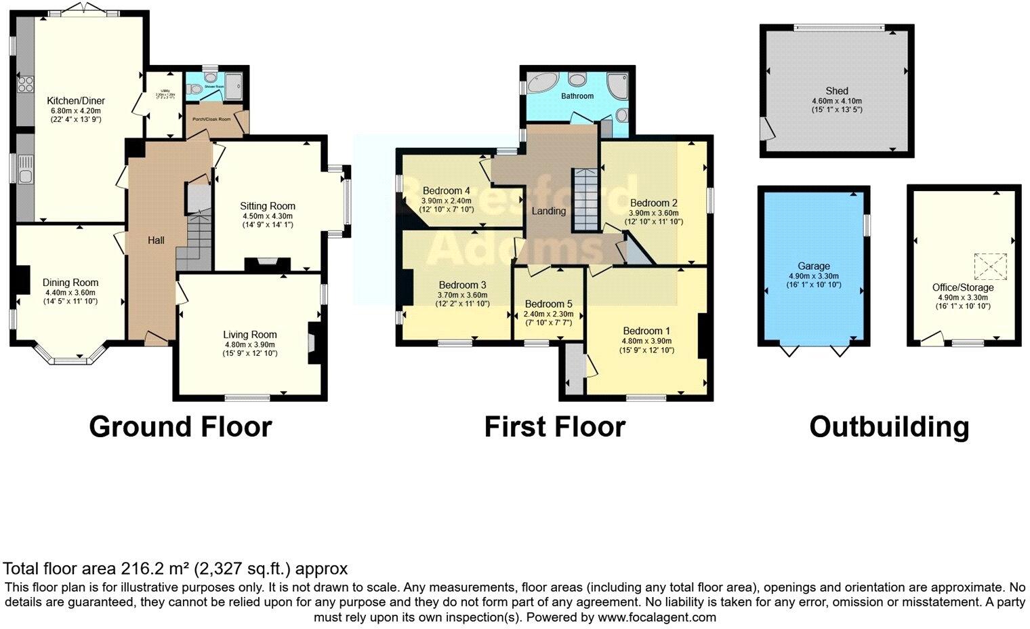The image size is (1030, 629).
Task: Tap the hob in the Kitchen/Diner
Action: point(25,85)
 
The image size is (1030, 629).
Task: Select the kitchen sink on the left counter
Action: point(25,170)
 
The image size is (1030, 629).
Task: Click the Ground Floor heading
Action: point(180,427)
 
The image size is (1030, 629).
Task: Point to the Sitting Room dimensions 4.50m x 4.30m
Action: point(268,216)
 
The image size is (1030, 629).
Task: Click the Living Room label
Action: point(250,334)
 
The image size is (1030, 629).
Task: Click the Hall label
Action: point(156,241)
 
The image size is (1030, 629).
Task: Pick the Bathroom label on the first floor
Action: point(577,96)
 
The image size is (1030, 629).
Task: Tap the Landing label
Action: point(548,211)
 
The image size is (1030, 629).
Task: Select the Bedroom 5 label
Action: point(548,304)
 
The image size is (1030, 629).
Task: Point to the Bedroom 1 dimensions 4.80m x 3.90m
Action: point(646,341)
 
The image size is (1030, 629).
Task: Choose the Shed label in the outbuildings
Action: point(836,91)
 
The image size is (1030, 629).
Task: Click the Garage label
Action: point(813,266)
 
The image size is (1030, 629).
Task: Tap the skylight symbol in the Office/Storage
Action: point(990,266)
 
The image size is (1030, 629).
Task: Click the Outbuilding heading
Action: point(889,427)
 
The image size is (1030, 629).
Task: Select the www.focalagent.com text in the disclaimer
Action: point(657,617)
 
